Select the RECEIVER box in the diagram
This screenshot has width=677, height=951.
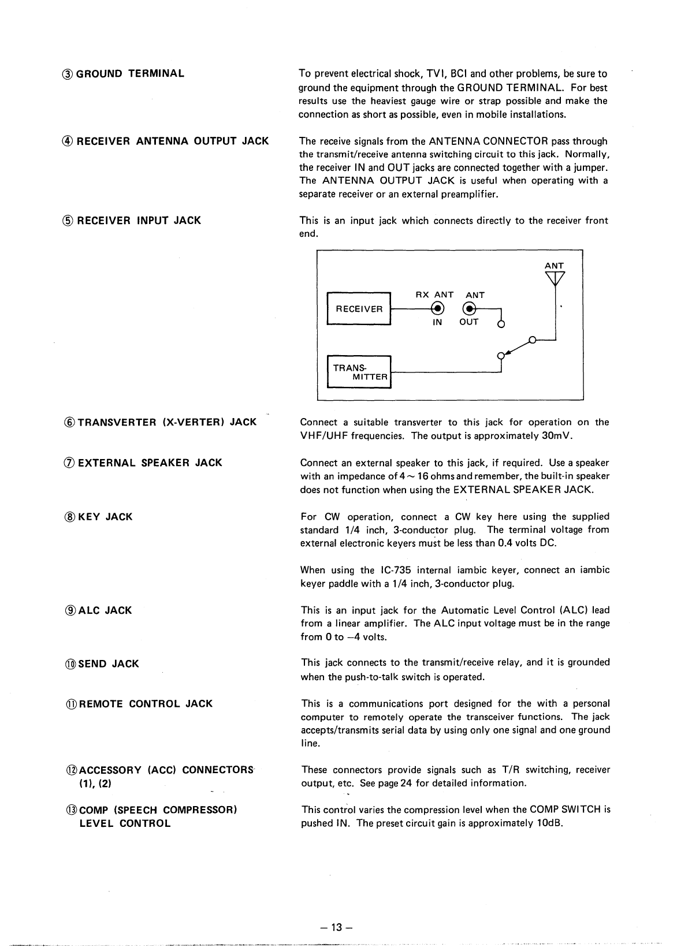(x=359, y=309)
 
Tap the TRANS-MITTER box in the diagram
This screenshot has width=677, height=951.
(x=359, y=372)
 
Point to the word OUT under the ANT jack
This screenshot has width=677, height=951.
(x=468, y=322)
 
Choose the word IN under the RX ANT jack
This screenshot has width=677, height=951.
(x=437, y=322)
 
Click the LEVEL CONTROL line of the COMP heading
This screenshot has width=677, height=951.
(x=125, y=823)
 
